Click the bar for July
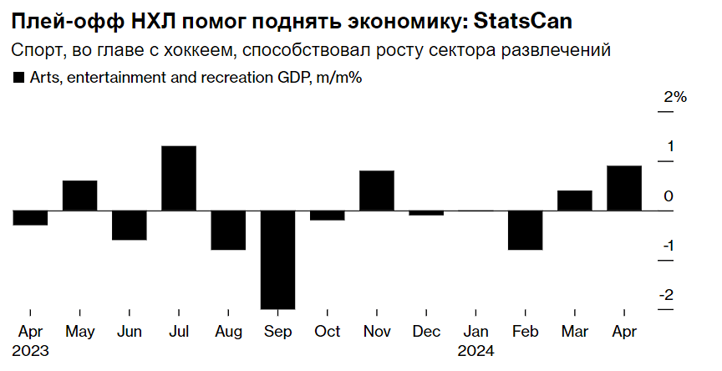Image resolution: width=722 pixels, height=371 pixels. click(x=179, y=178)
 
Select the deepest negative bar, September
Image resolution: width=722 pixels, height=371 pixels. click(x=277, y=259)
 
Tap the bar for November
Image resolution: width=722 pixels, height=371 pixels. click(x=376, y=191)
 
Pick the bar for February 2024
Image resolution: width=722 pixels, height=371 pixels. click(x=525, y=230)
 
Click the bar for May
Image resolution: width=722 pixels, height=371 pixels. click(x=80, y=196)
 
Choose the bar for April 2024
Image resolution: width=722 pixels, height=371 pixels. click(x=624, y=188)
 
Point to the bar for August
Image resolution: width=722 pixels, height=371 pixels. click(x=228, y=230)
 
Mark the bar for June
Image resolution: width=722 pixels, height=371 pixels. click(x=130, y=225)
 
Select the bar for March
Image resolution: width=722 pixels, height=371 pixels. click(x=575, y=201)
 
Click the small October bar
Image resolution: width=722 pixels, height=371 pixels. click(x=327, y=216)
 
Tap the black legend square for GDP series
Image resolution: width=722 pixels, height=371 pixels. click(x=18, y=78)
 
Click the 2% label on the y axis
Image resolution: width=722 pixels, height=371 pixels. click(x=674, y=98)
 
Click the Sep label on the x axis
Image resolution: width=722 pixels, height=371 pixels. click(x=277, y=332)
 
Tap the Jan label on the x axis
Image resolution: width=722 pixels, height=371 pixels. click(x=475, y=332)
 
